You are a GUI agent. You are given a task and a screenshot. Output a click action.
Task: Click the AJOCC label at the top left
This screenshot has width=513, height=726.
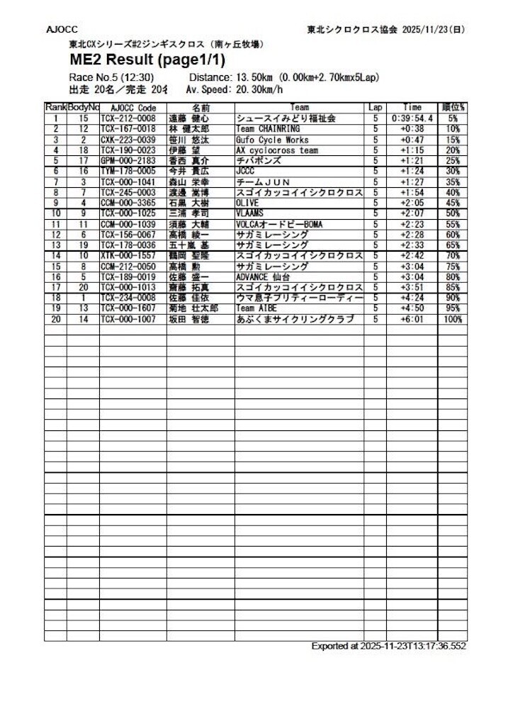[62, 30]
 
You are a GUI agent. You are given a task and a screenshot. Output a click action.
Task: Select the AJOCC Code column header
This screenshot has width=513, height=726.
[133, 108]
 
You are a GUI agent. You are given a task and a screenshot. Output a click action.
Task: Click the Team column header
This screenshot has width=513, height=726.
[299, 108]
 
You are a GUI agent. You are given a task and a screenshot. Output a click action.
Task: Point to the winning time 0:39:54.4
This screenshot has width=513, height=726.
[411, 118]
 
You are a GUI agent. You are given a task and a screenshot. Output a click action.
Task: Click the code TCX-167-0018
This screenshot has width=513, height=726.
[128, 129]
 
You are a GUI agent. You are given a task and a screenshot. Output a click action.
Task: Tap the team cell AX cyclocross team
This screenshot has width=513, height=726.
[277, 150]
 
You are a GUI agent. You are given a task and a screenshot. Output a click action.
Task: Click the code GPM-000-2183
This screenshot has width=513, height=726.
[128, 161]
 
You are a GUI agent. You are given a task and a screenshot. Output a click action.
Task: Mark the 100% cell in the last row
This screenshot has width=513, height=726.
[452, 320]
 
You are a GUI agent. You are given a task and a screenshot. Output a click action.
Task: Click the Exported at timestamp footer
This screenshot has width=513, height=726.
[388, 647]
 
